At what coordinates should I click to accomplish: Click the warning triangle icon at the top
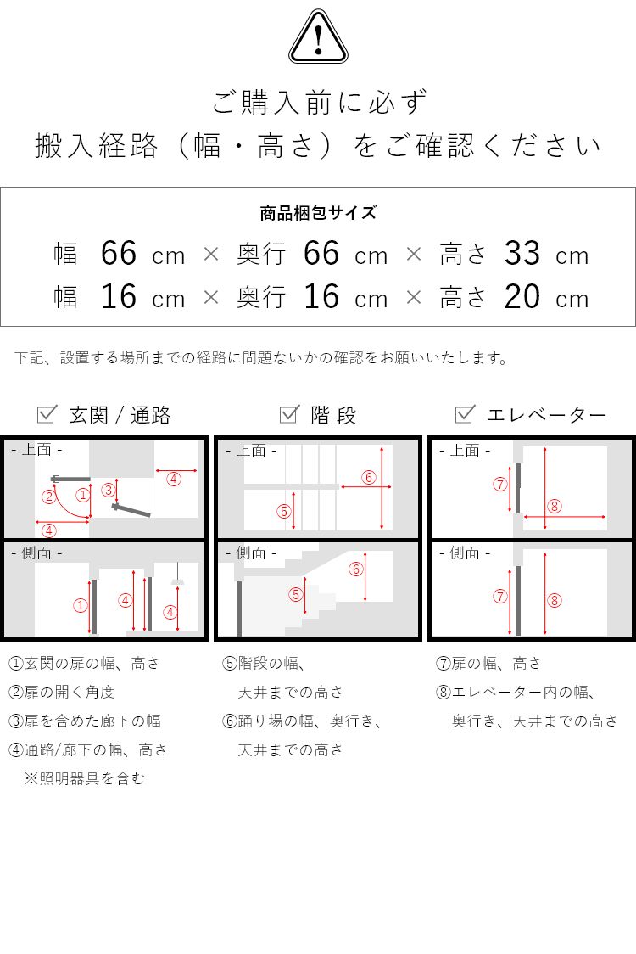click(x=318, y=38)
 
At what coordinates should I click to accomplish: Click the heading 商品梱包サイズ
click(x=318, y=213)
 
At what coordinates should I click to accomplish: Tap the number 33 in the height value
click(x=522, y=254)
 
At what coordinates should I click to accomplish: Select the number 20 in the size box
click(x=522, y=297)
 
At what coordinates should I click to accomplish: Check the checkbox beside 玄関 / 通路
click(x=47, y=414)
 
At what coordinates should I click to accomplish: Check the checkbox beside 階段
click(x=289, y=414)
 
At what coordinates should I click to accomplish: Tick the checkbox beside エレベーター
click(x=465, y=414)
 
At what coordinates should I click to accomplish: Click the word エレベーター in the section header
click(x=546, y=415)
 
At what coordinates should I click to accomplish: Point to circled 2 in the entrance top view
click(x=50, y=497)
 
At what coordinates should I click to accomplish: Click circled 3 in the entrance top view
click(x=108, y=490)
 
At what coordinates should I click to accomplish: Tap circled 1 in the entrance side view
click(x=81, y=605)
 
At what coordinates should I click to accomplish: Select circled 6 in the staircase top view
click(x=368, y=477)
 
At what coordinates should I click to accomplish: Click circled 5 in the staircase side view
click(x=295, y=595)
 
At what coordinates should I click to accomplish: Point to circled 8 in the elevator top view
click(x=555, y=507)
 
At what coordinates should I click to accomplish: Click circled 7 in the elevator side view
click(x=500, y=597)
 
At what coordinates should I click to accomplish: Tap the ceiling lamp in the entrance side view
click(x=177, y=579)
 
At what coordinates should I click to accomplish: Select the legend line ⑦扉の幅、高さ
click(x=488, y=663)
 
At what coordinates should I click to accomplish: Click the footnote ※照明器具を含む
click(x=85, y=778)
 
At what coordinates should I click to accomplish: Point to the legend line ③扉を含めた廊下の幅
click(x=85, y=721)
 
